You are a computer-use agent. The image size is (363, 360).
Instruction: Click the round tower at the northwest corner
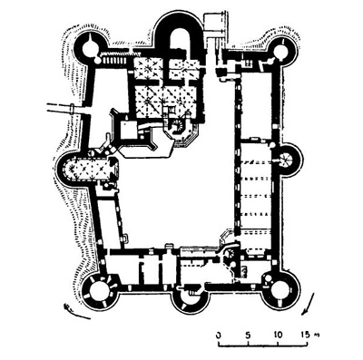[93, 48]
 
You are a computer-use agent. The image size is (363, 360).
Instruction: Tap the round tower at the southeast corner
[280, 289]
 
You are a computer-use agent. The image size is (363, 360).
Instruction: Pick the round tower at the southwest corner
[98, 291]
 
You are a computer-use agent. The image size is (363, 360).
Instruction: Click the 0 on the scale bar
[219, 335]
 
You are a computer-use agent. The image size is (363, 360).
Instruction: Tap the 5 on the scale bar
[248, 335]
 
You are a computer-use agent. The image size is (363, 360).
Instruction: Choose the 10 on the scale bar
[276, 335]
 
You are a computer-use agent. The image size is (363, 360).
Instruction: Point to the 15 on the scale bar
[301, 335]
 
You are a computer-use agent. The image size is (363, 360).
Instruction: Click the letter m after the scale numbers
[316, 336]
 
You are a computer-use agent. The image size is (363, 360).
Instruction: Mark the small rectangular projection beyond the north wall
[216, 23]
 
